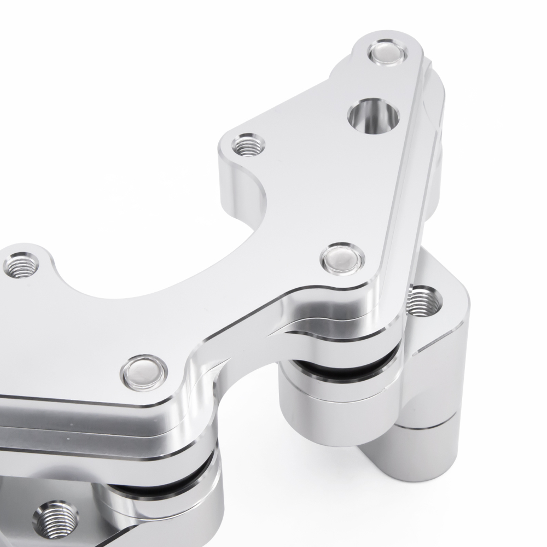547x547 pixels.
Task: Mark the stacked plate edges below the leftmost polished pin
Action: pyautogui.click(x=109, y=427)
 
